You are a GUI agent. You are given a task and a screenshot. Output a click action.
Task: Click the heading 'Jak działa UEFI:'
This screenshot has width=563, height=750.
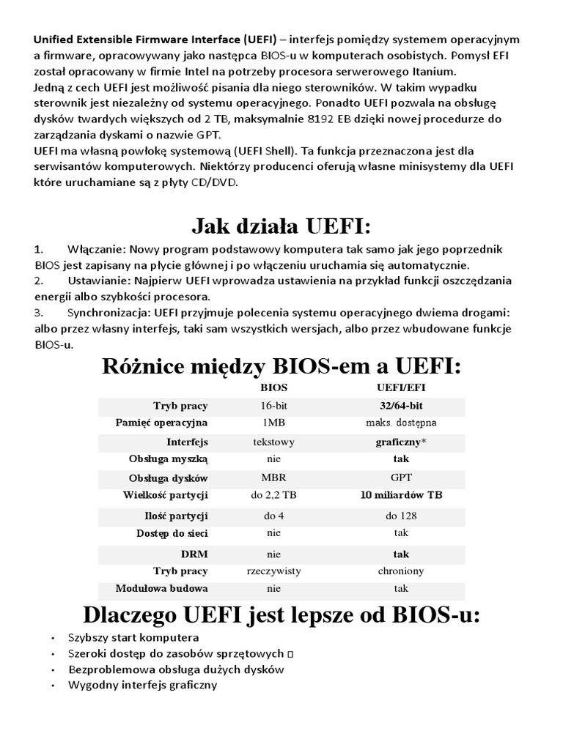click(x=281, y=221)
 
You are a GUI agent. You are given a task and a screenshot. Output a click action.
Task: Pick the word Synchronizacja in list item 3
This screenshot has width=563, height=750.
click(x=104, y=313)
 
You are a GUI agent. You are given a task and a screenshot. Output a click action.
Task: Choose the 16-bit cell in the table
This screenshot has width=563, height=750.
click(x=273, y=405)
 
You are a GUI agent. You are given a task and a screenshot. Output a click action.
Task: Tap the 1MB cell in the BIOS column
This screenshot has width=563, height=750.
click(x=273, y=423)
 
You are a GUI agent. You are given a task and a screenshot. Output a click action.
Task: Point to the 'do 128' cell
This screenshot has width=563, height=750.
click(x=401, y=516)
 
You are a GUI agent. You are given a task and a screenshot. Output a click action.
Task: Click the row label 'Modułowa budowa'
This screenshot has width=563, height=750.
click(x=161, y=588)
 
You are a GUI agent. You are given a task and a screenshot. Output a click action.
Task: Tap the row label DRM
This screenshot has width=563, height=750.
click(x=194, y=554)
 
